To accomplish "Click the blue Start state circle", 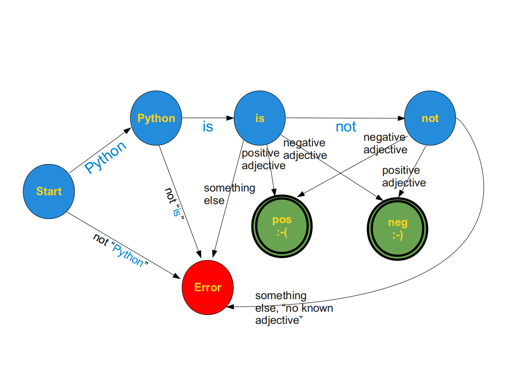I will pos(49,192).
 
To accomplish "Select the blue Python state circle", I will pos(156,118).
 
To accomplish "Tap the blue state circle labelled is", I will pos(259,118).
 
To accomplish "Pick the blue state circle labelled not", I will pos(430,118).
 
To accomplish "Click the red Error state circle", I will pos(208,288).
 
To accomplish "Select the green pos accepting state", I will pos(281,226).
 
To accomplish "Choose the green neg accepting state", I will pos(398,228).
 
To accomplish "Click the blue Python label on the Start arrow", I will pos(106,157).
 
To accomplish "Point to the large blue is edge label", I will pos(208,126).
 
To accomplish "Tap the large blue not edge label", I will pos(346,127).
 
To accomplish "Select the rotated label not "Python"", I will pos(121,250).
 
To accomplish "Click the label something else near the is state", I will pos(229,194).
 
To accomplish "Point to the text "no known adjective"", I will pos(294,315).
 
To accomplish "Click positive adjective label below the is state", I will pos(263,159).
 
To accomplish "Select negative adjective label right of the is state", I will pos(305,149).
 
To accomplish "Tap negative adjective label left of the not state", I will pos(385,144).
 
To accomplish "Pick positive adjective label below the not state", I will pos(404,177).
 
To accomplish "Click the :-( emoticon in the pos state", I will pos(281,233).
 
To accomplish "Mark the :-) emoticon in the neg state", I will pos(398,234).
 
